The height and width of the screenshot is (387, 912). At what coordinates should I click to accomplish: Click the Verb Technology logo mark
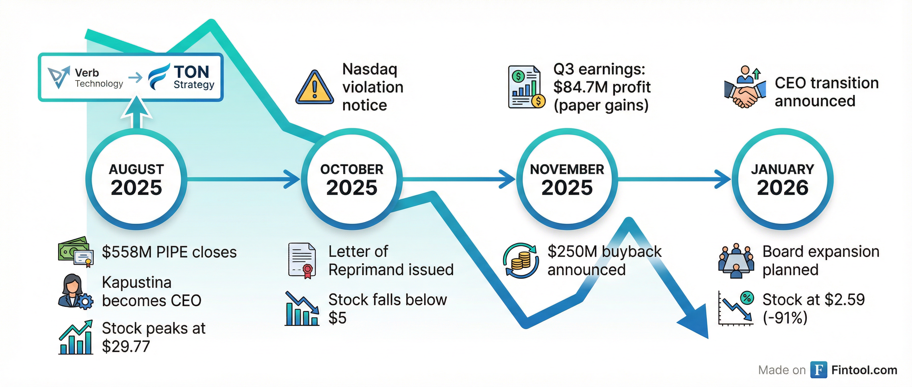point(58,77)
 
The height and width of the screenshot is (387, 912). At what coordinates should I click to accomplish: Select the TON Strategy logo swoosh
point(158,77)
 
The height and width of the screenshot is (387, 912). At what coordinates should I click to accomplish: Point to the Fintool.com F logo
point(818,370)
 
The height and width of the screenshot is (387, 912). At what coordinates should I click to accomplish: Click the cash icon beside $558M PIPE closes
point(76,251)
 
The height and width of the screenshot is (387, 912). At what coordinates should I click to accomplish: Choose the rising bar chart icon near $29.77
point(76,337)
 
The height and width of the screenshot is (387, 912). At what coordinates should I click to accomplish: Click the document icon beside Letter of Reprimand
point(302,261)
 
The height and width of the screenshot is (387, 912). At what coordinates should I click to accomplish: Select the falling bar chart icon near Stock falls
point(302,308)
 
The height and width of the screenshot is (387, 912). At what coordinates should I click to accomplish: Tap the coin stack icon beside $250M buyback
point(521,261)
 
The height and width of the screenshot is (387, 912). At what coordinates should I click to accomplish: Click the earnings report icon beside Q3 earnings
point(527,87)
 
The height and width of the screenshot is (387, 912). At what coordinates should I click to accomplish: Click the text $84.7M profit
point(602,87)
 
